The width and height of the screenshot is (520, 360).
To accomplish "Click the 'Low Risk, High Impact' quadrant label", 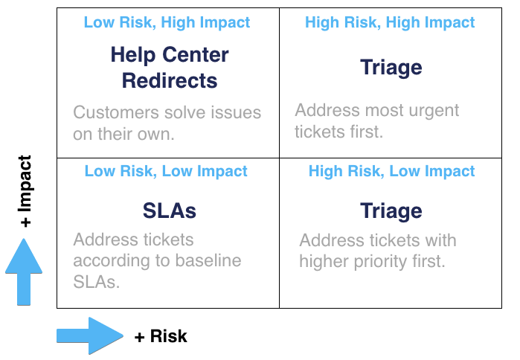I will (x=167, y=22).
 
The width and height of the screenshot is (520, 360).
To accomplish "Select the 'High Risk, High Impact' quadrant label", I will (x=390, y=22).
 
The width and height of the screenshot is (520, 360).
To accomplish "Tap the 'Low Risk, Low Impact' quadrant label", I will (x=166, y=171).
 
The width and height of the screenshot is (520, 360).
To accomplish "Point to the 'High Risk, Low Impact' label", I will (x=391, y=171).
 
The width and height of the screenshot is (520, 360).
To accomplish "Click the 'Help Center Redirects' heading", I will (x=170, y=67).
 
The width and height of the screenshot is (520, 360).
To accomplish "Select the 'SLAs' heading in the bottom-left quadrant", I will (x=170, y=211).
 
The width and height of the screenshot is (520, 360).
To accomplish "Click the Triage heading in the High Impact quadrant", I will (x=391, y=68).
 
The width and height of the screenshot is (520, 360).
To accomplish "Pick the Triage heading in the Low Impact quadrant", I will (x=391, y=211).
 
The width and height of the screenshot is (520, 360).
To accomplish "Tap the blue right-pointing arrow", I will (x=89, y=335).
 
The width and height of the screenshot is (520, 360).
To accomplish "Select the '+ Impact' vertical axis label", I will (x=26, y=191).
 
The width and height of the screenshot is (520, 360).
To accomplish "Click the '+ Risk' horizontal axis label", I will (x=161, y=336).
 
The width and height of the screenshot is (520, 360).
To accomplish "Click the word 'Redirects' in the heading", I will (x=170, y=80).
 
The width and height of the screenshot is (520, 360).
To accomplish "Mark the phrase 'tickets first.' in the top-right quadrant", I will (x=338, y=132).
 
